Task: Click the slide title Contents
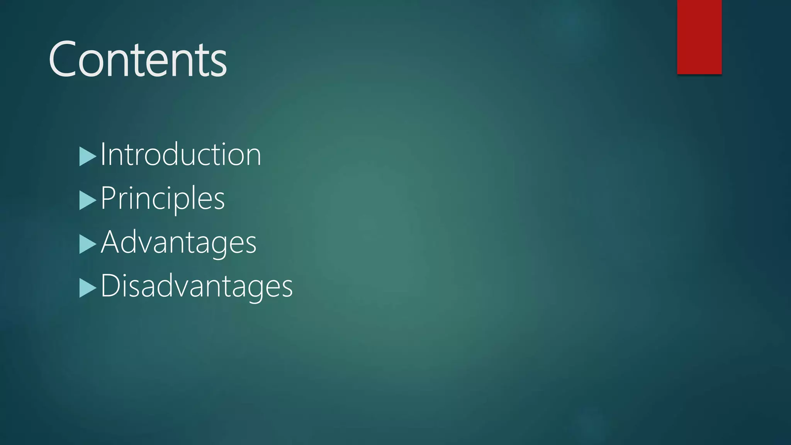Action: click(x=137, y=60)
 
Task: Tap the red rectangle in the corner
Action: click(x=699, y=37)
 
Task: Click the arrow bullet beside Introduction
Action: click(x=87, y=156)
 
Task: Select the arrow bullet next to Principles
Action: click(x=87, y=200)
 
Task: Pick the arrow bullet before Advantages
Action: click(x=87, y=244)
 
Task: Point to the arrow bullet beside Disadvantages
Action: click(x=87, y=288)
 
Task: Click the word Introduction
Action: click(x=181, y=155)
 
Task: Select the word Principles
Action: click(x=162, y=199)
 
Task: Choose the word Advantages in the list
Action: click(x=178, y=243)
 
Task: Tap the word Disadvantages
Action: click(x=197, y=286)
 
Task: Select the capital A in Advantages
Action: click(x=112, y=242)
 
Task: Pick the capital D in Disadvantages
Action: click(x=110, y=285)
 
